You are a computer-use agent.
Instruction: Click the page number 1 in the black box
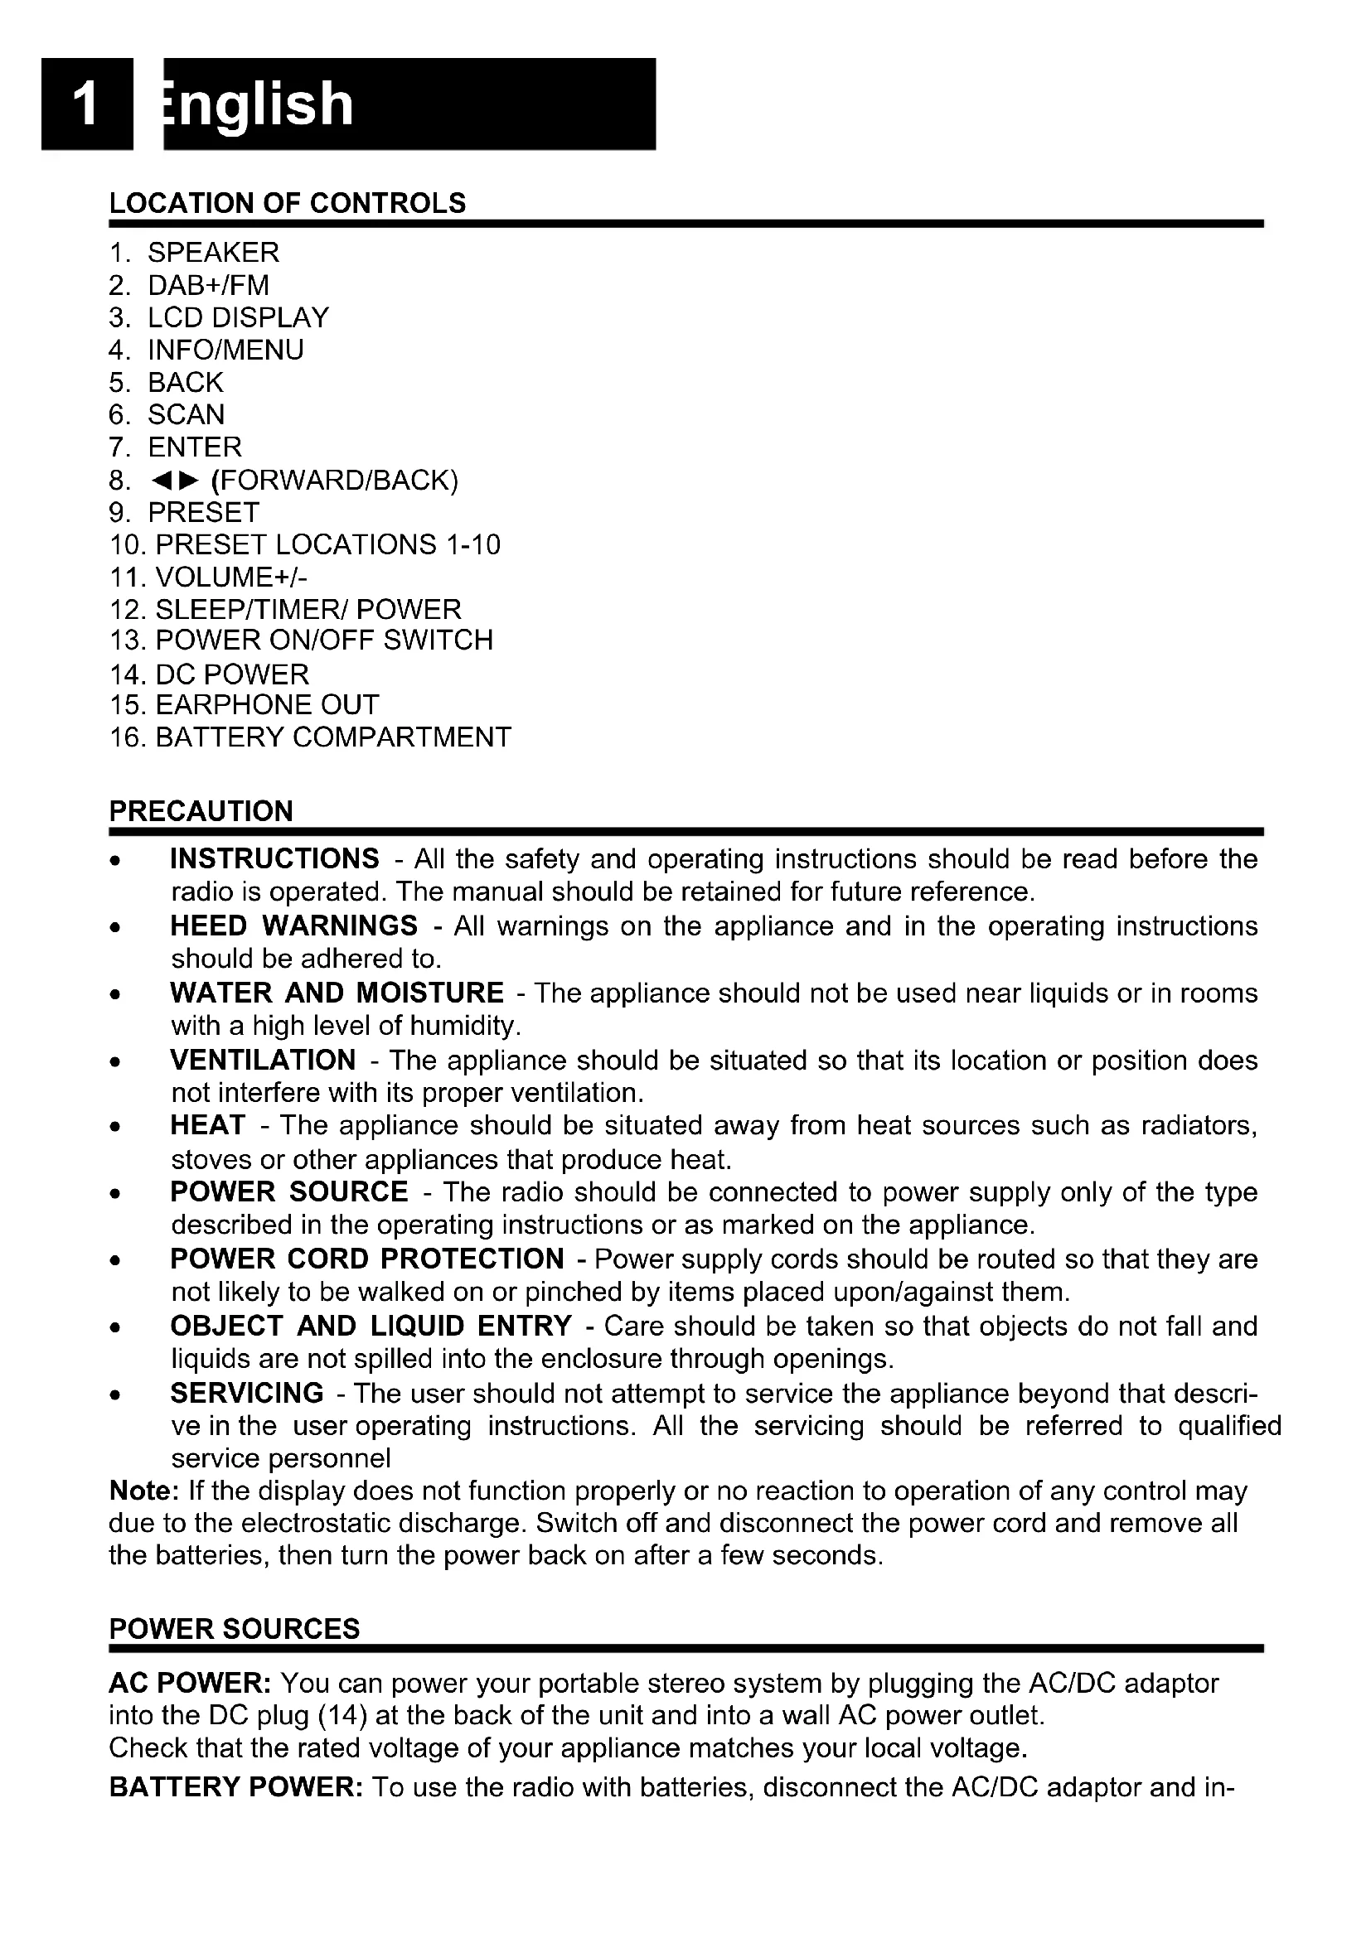85,104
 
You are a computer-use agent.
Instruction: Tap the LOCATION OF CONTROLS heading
287,204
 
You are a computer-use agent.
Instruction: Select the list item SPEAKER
213,253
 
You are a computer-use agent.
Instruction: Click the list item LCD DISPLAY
237,317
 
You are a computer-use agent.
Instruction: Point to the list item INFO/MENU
225,350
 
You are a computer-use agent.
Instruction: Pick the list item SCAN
186,414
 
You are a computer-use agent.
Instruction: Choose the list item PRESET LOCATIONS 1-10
327,544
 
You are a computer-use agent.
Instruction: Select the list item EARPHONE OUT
267,705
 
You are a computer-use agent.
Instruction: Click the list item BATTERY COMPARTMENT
332,737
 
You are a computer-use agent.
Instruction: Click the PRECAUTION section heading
201,811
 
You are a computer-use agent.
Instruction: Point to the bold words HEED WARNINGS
293,926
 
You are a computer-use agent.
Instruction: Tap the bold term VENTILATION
263,1060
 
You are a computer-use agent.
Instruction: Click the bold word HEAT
207,1125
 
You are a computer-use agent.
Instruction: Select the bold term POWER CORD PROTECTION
366,1259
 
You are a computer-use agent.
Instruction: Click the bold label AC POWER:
189,1683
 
